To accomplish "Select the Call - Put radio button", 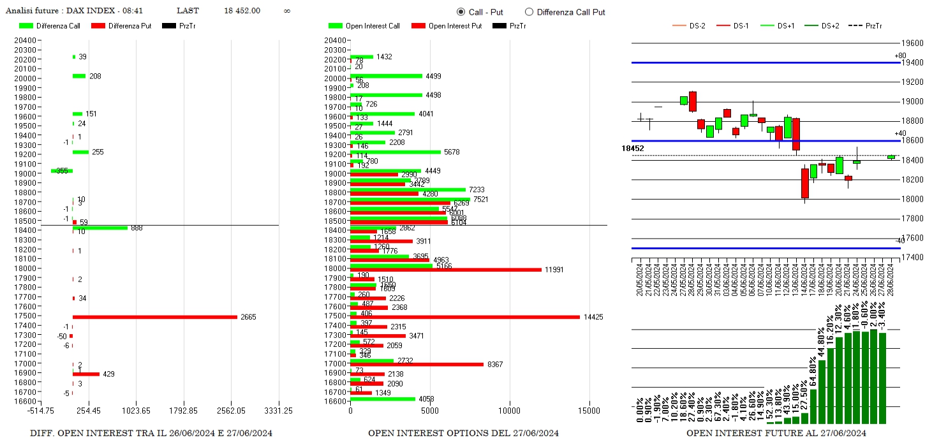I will [461, 12].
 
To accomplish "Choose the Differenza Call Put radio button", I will [529, 12].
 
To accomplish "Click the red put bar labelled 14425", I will [465, 317].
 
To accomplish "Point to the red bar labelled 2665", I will [154, 317].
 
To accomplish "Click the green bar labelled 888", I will [100, 228].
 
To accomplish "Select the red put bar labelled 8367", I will [417, 364].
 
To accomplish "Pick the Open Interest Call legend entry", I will [373, 26].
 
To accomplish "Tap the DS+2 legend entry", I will [829, 26].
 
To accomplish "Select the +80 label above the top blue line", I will [900, 56].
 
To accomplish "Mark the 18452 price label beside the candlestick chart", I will [633, 148].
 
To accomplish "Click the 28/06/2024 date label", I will [891, 281].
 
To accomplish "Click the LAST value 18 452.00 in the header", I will [242, 11].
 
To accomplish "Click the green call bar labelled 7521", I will [410, 200].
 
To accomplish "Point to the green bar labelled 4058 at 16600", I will [383, 399].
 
